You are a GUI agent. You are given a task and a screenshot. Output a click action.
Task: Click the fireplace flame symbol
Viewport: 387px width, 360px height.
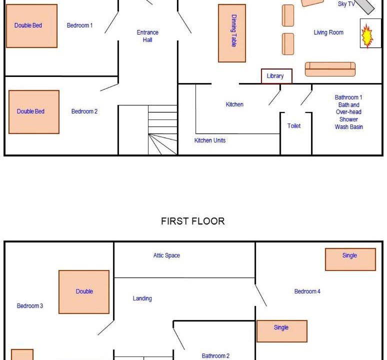[x=367, y=36]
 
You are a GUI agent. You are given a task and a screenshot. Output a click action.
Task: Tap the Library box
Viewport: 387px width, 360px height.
[x=276, y=76]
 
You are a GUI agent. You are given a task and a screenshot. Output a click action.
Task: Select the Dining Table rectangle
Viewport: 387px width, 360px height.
[x=232, y=33]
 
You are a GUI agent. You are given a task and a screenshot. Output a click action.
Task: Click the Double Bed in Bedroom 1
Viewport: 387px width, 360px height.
[x=31, y=25]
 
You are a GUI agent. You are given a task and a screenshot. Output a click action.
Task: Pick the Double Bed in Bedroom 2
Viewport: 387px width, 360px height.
[x=34, y=112]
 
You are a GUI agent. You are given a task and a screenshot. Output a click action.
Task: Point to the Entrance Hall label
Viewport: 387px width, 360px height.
[x=147, y=36]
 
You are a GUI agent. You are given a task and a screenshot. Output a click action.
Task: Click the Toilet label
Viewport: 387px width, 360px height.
[x=294, y=126]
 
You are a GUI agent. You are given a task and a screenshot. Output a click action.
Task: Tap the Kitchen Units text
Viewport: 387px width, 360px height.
[x=210, y=140]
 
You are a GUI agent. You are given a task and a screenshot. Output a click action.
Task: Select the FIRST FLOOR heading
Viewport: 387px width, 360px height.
[x=193, y=221]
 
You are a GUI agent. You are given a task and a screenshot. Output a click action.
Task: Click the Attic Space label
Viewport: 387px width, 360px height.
[x=166, y=255]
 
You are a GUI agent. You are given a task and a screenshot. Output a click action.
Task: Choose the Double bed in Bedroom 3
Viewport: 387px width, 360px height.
[x=84, y=292]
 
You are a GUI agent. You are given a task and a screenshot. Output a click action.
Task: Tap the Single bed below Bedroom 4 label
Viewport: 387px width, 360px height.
[x=282, y=331]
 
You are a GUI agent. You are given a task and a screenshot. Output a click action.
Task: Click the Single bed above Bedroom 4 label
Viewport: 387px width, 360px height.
[x=350, y=259]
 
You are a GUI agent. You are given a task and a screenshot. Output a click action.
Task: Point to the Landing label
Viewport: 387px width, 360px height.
[x=142, y=298]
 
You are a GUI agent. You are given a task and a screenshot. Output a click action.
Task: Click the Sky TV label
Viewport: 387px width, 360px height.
[x=346, y=4]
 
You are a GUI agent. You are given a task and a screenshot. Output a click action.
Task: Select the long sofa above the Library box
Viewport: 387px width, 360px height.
[x=330, y=69]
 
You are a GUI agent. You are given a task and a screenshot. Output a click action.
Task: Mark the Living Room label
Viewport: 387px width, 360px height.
[x=328, y=32]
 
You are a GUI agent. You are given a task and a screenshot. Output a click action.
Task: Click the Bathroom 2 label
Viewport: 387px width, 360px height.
[x=215, y=356]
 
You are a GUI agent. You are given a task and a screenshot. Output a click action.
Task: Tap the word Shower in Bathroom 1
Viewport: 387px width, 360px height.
[x=348, y=119]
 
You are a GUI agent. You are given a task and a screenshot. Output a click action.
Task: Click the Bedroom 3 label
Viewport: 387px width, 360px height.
[x=30, y=306]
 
